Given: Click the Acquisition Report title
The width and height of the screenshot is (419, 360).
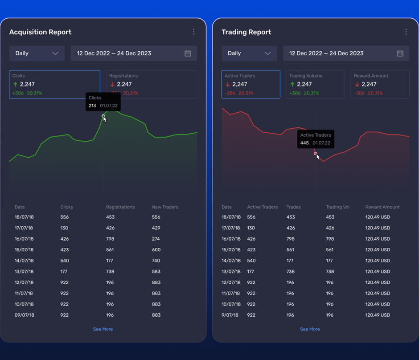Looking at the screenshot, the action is pyautogui.click(x=41, y=32).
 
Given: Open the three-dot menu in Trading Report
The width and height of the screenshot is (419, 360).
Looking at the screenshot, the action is pyautogui.click(x=406, y=32).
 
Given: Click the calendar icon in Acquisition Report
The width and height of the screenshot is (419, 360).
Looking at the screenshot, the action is pyautogui.click(x=188, y=53).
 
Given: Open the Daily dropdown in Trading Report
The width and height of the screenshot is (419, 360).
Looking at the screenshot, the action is pyautogui.click(x=249, y=53).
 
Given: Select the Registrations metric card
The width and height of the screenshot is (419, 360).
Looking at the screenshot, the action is pyautogui.click(x=152, y=84).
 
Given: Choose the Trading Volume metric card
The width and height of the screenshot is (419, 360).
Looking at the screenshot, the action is pyautogui.click(x=315, y=84).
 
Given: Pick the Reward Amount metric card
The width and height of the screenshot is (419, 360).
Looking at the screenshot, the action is pyautogui.click(x=380, y=84).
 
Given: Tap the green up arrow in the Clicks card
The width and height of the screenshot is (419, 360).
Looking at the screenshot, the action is pyautogui.click(x=15, y=84).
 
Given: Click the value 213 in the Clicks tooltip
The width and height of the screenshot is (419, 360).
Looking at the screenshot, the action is pyautogui.click(x=92, y=106).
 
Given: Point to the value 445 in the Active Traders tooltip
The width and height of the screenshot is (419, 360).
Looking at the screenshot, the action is pyautogui.click(x=304, y=143).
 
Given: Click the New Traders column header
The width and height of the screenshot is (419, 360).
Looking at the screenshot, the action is pyautogui.click(x=165, y=207).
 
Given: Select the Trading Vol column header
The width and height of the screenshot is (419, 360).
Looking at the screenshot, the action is pyautogui.click(x=337, y=207).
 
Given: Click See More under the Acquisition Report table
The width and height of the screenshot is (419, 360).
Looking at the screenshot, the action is pyautogui.click(x=103, y=329).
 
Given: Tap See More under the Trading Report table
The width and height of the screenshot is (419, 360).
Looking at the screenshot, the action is pyautogui.click(x=310, y=329).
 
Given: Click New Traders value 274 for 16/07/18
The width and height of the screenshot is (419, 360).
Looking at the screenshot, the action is pyautogui.click(x=156, y=239).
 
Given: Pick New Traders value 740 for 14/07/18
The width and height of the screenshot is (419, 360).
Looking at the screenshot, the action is pyautogui.click(x=156, y=261).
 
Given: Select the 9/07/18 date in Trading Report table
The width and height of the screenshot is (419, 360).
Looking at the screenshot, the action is pyautogui.click(x=230, y=315).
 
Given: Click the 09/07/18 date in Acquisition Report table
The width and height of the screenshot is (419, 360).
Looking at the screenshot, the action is pyautogui.click(x=25, y=315).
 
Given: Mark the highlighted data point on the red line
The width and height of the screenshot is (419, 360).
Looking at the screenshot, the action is pyautogui.click(x=315, y=154).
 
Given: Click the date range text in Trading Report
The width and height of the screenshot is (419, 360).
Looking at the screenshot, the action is pyautogui.click(x=326, y=53).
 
